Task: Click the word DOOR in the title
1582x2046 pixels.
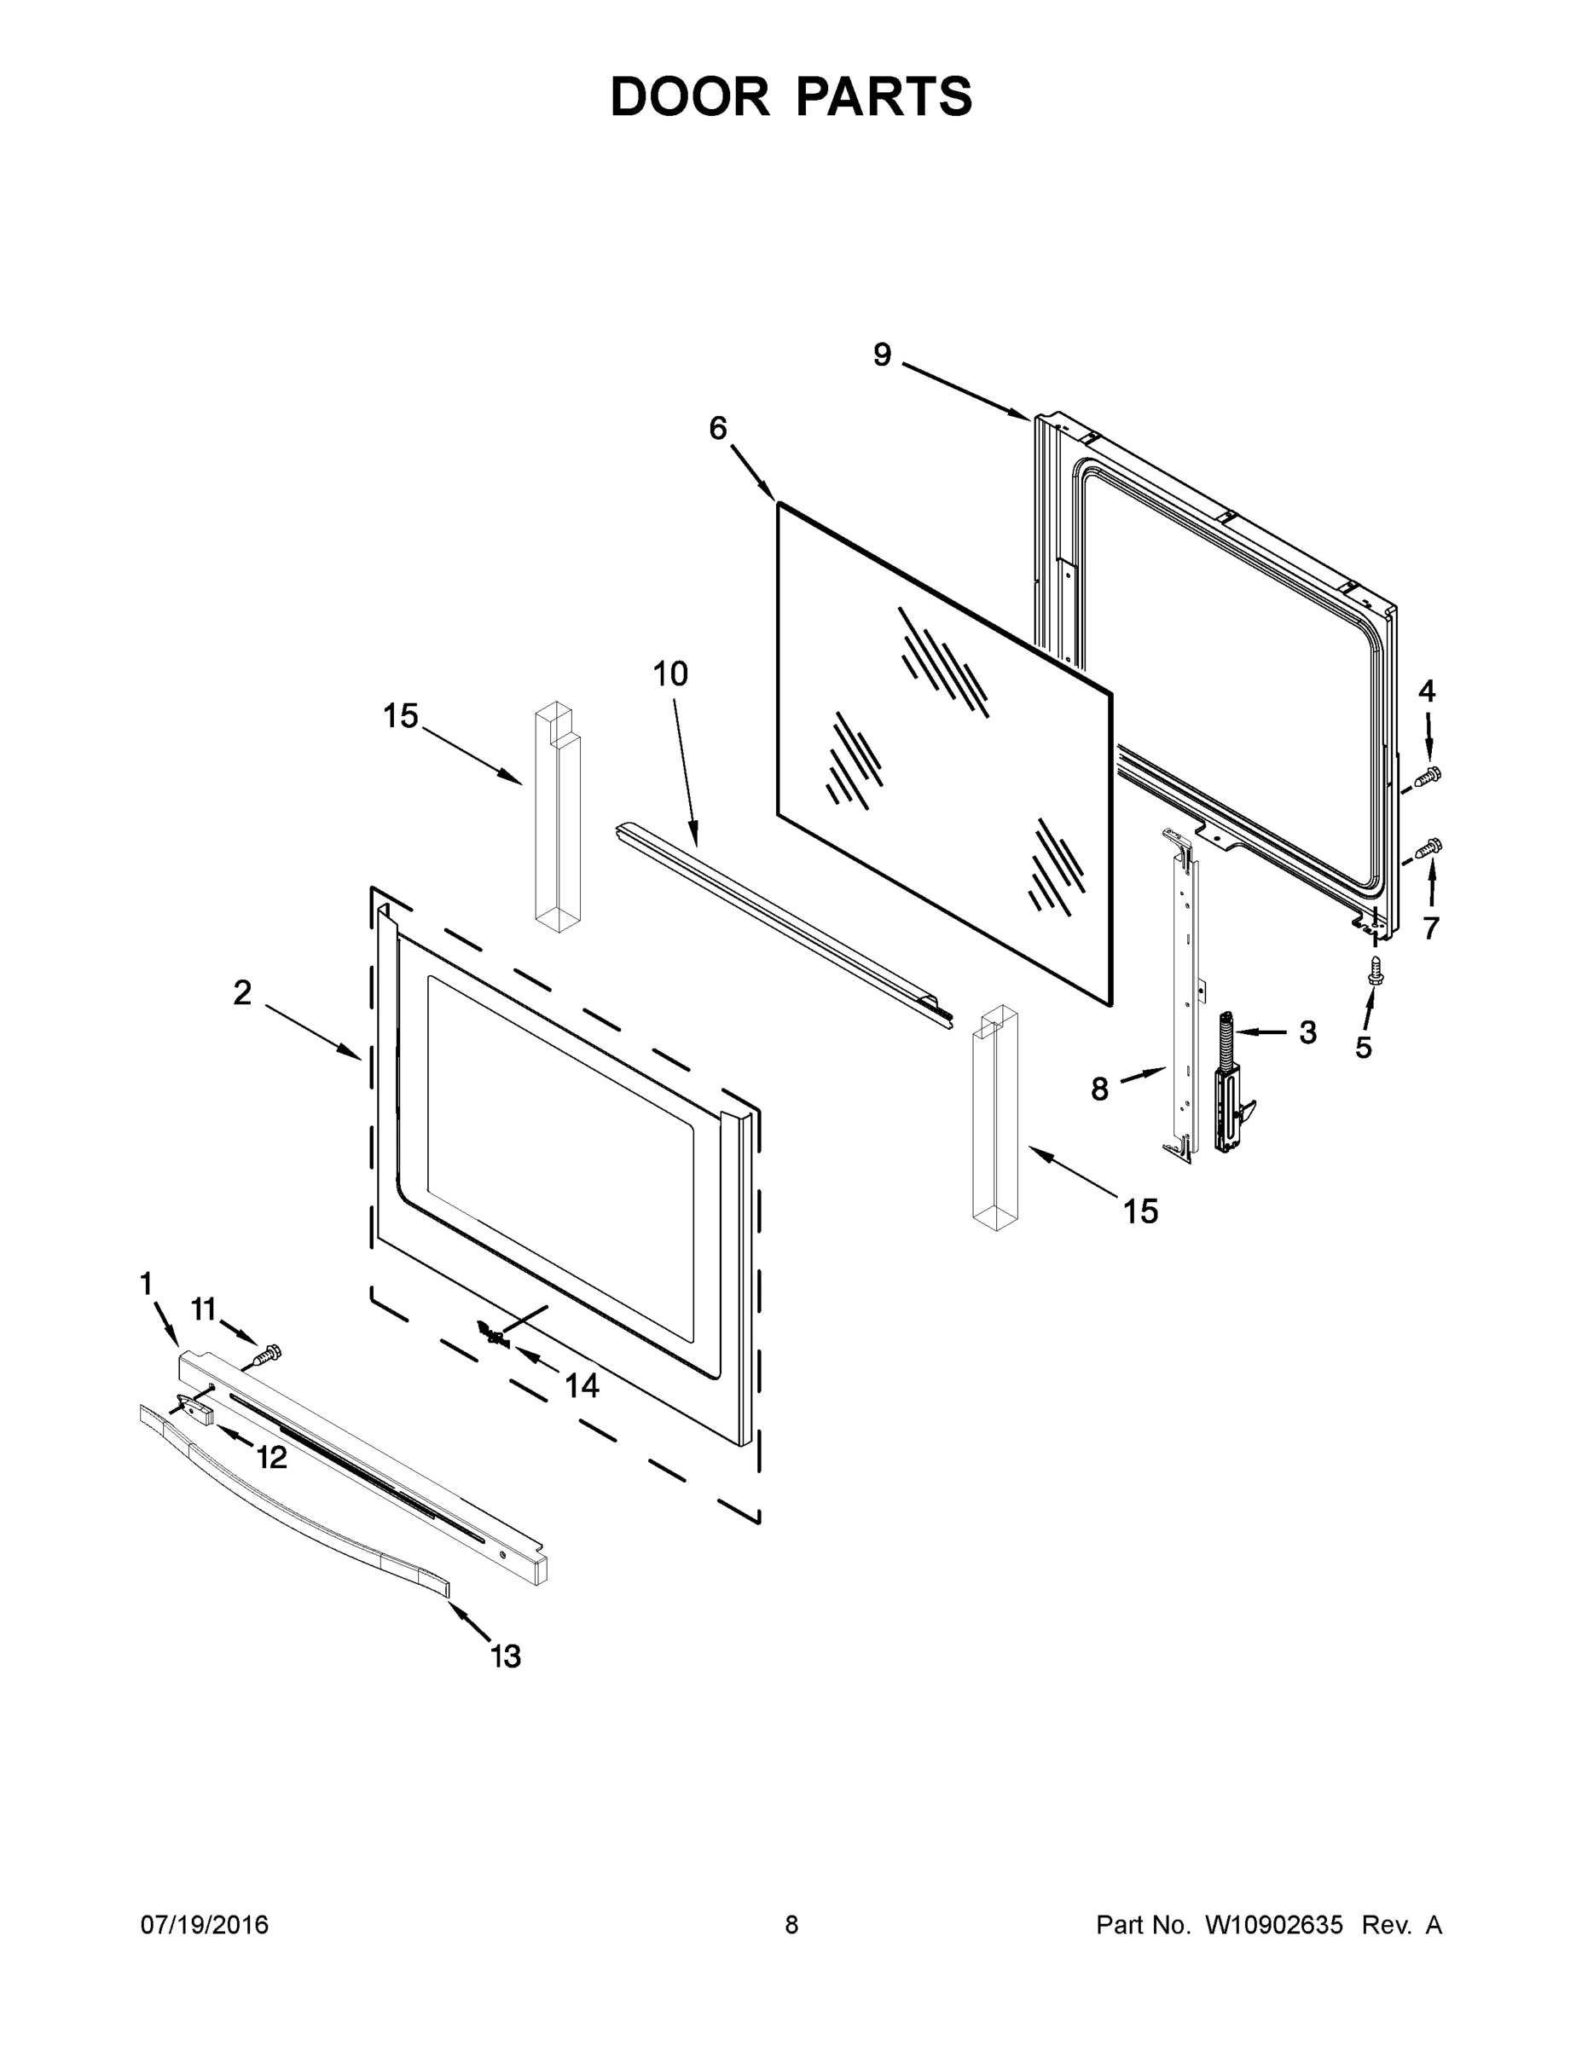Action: point(690,96)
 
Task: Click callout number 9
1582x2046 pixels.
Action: point(882,355)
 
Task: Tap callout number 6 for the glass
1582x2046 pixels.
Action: point(718,428)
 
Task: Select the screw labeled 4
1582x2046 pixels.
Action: point(1430,775)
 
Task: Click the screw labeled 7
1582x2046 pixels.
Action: point(1429,848)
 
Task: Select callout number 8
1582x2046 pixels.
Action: point(1099,1089)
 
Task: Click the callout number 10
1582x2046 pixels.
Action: point(670,673)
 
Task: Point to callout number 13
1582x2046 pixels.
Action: point(506,1656)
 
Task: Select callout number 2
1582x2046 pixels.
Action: point(243,993)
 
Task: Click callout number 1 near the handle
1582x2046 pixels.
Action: point(146,1283)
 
